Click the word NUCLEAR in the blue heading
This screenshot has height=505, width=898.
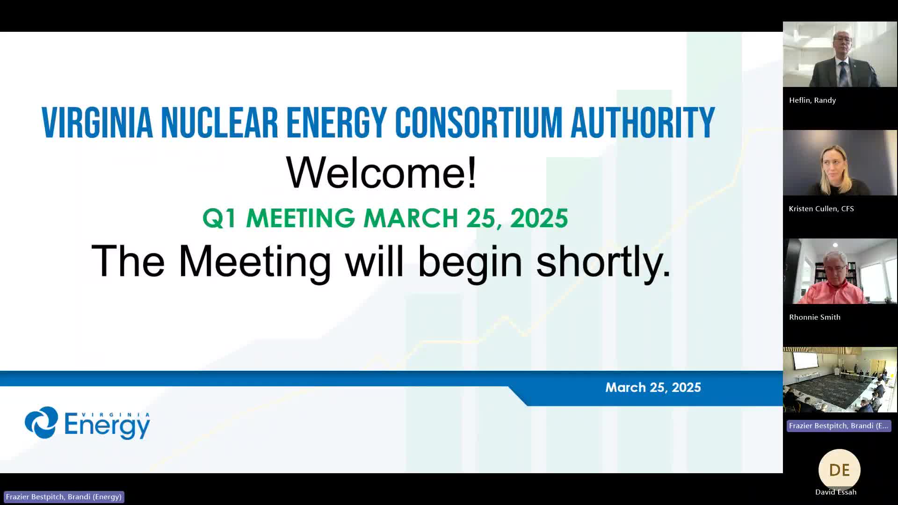[219, 123]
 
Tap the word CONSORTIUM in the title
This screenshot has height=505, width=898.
[478, 123]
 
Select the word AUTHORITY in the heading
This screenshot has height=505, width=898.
[643, 123]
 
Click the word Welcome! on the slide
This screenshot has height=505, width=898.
[381, 172]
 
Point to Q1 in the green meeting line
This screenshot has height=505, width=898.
[219, 218]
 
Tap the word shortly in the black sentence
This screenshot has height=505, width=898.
[603, 262]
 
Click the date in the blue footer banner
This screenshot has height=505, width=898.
[653, 387]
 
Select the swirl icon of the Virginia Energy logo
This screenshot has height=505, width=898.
[42, 422]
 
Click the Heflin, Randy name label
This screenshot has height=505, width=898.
[812, 100]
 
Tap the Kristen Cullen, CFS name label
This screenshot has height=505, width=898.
[821, 209]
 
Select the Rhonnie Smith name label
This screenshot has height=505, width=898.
[815, 317]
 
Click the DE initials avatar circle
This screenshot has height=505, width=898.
[840, 470]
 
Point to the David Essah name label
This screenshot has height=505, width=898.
[836, 492]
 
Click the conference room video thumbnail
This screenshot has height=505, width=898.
[840, 380]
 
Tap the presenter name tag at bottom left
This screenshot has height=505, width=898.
[64, 497]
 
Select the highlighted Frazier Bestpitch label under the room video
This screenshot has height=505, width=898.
[839, 426]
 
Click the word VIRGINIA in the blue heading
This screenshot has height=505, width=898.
[97, 123]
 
